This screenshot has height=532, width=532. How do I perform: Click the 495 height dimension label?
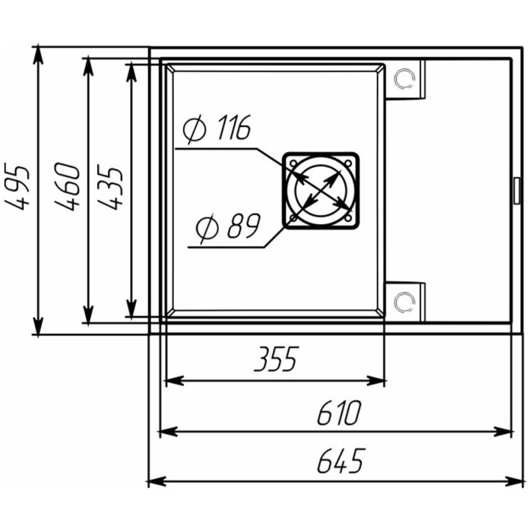point(16,187)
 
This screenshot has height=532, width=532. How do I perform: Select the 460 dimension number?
point(67,187)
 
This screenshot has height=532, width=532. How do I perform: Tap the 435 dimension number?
point(109,187)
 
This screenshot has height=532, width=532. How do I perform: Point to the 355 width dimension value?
point(277,359)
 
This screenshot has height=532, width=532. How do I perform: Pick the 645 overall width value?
point(341,461)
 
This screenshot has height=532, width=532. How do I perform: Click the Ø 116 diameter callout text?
point(217,128)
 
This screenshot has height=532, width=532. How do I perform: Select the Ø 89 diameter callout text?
point(228,226)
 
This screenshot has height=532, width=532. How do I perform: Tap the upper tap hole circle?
point(404,79)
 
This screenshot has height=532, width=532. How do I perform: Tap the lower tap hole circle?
point(404,301)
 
